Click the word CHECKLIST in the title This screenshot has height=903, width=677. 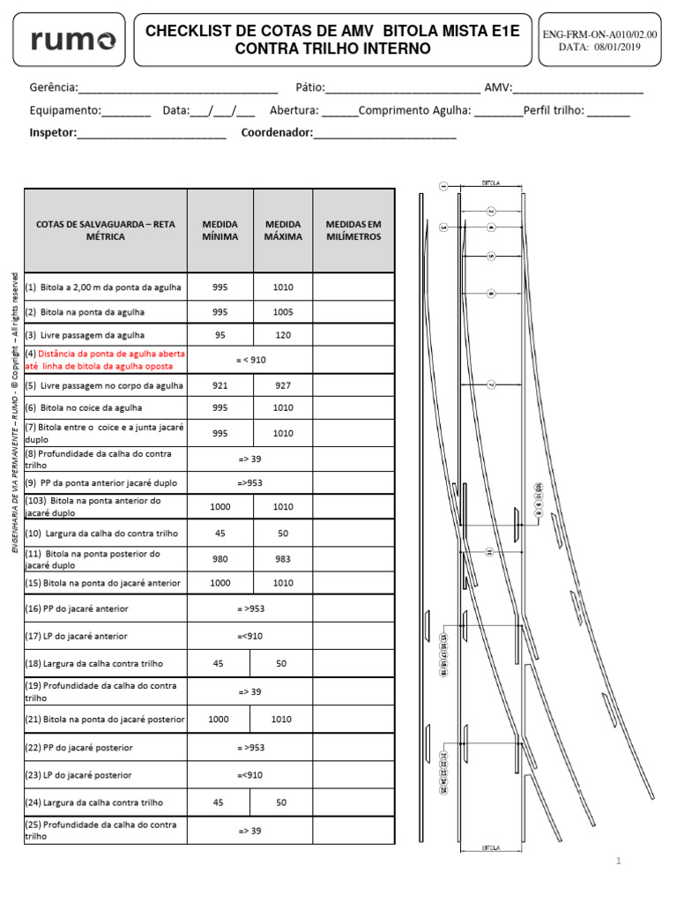click(x=188, y=32)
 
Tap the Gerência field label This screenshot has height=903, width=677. click(x=53, y=88)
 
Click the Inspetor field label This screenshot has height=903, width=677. click(x=53, y=132)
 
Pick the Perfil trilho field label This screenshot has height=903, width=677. click(x=554, y=111)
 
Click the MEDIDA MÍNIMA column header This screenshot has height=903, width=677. click(x=219, y=230)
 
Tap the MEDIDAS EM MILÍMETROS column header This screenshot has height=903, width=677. click(x=353, y=230)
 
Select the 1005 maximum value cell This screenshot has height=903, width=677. click(x=282, y=312)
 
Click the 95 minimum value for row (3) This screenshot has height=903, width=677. click(x=219, y=335)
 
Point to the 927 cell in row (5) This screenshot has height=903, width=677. click(x=282, y=385)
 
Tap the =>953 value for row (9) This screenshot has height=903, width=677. click(x=249, y=483)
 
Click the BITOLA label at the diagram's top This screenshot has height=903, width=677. click(x=491, y=183)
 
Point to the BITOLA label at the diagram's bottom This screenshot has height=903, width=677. click(x=491, y=847)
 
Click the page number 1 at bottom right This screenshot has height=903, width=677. click(x=620, y=861)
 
